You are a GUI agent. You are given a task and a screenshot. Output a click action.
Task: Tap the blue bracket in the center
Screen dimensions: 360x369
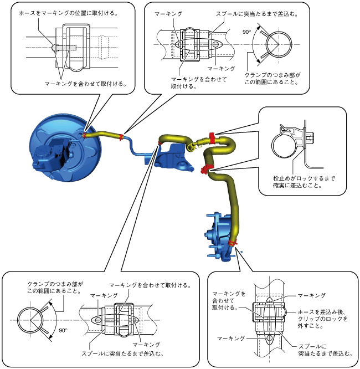pyautogui.click(x=174, y=156)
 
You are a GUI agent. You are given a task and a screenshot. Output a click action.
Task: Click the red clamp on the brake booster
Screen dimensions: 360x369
pyautogui.click(x=85, y=135)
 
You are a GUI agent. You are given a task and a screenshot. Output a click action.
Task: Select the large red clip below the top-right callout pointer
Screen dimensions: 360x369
pyautogui.click(x=212, y=138)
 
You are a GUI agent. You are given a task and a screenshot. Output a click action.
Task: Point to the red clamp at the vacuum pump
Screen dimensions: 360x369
pyautogui.click(x=233, y=243)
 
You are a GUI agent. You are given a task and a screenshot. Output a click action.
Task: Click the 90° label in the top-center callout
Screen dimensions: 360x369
pyautogui.click(x=247, y=32)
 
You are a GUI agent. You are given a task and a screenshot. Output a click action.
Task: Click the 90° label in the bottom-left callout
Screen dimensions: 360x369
pyautogui.click(x=63, y=330)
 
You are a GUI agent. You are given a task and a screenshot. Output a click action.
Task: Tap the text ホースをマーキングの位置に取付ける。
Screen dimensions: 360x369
pyautogui.click(x=68, y=13)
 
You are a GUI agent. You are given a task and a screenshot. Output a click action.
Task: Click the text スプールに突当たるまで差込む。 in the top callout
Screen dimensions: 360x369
pyautogui.click(x=257, y=14)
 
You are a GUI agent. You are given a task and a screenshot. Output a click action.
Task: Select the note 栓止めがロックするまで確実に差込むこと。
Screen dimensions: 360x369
pyautogui.click(x=304, y=182)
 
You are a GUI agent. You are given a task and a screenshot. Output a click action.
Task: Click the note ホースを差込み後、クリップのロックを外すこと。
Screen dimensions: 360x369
pyautogui.click(x=322, y=319)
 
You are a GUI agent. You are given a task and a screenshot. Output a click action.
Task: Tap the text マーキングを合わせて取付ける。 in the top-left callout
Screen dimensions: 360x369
pyautogui.click(x=85, y=84)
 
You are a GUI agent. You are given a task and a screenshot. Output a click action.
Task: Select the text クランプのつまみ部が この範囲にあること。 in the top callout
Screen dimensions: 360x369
pyautogui.click(x=272, y=78)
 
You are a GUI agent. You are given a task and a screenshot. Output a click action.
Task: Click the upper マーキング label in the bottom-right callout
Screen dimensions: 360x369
pyautogui.click(x=311, y=295)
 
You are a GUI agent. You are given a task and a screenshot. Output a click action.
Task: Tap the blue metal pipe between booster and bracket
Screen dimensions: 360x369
pyautogui.click(x=132, y=147)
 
